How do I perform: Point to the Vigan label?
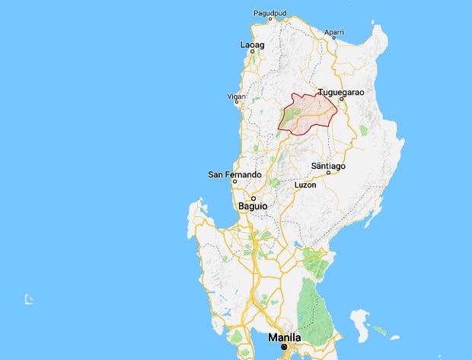236,97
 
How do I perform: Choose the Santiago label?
329,166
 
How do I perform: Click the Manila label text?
283,337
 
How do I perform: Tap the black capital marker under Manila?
284,347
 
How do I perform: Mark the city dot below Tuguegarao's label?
343,99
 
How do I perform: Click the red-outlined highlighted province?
308,114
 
